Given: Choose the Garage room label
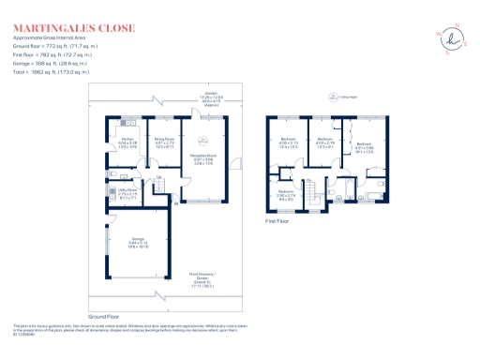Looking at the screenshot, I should (x=138, y=241).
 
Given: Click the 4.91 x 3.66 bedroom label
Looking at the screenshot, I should (x=365, y=147).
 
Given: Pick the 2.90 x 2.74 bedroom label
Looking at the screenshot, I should (x=287, y=194).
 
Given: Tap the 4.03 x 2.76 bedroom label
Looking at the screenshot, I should (x=324, y=142).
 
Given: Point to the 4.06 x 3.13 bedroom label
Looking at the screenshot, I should (x=288, y=142).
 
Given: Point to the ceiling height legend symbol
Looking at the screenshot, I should (x=332, y=96).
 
